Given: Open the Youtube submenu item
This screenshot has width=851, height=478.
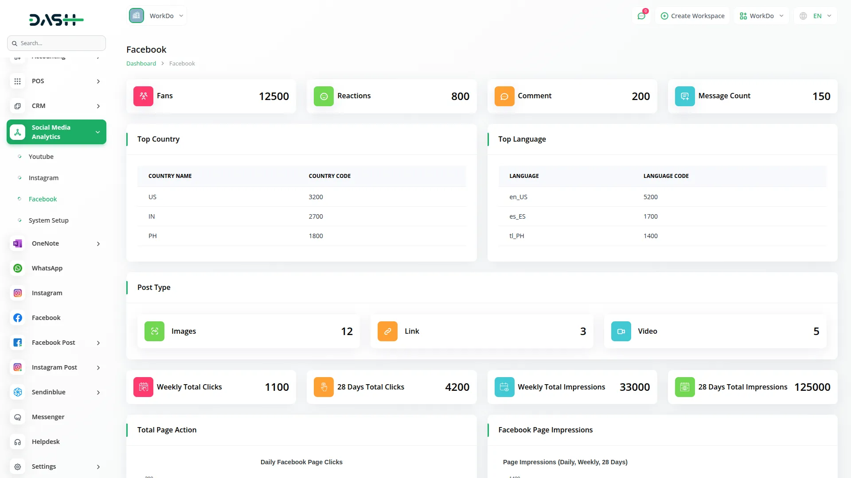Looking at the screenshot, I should [41, 157].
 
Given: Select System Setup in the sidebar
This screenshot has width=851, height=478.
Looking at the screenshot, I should [48, 220].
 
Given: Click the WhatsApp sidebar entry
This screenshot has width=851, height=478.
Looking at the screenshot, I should [47, 268].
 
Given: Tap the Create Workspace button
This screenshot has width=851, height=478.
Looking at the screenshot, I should [692, 16].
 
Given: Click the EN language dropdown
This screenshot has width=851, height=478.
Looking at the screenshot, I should [816, 16].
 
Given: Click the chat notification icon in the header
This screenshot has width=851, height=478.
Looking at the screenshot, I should [641, 16].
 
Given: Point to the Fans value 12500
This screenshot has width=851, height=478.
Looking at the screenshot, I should [273, 96].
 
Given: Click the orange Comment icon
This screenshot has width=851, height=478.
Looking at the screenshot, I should [504, 96].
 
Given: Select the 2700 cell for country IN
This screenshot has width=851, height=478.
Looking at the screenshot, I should [316, 216].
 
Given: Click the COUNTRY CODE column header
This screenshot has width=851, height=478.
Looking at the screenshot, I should [329, 176].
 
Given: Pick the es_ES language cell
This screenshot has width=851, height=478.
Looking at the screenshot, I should [517, 216].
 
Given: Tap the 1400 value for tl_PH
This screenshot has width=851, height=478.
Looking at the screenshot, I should [650, 236].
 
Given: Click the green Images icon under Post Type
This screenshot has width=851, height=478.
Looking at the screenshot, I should [154, 331].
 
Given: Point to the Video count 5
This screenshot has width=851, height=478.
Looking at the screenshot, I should [816, 332].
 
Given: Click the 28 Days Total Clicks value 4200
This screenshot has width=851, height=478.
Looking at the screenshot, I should [457, 387].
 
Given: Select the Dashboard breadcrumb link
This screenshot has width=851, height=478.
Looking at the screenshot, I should [141, 64].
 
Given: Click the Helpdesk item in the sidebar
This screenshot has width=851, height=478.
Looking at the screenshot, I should [46, 442].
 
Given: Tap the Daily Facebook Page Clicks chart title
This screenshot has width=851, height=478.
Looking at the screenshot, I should [301, 462].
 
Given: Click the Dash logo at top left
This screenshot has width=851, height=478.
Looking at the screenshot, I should [56, 19].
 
